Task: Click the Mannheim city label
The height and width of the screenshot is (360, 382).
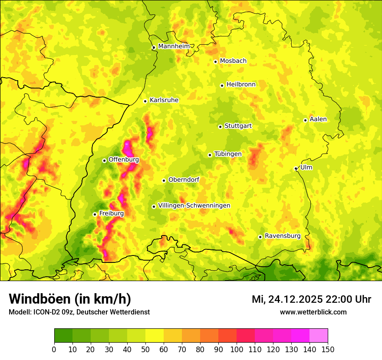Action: pos(174,46)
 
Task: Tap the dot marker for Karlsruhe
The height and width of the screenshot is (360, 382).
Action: pos(145,101)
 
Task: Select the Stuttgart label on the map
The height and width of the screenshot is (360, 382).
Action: pos(238,126)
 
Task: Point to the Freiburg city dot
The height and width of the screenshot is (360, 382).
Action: pos(95,214)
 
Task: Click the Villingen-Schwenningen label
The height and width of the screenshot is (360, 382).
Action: pos(194,206)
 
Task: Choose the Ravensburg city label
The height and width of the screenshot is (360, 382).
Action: pos(283,236)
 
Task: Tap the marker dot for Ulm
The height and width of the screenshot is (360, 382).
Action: pos(296,168)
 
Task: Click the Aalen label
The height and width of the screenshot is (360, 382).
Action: pos(318,119)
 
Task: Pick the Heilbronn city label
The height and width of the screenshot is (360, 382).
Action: pos(241,85)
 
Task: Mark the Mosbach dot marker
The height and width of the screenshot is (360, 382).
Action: pos(215,62)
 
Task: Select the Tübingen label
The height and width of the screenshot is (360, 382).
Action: pos(228,154)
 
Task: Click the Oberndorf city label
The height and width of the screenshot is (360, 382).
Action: pos(184,180)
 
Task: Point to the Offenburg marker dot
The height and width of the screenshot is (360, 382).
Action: pos(104,160)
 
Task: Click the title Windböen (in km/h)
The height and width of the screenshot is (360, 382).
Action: pos(69,299)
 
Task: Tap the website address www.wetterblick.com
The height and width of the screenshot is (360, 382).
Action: pos(313,312)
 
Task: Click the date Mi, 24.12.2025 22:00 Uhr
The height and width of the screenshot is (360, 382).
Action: pos(311,299)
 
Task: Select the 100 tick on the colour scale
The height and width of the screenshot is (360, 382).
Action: pos(237,349)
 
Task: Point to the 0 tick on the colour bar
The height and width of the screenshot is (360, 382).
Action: pos(54,349)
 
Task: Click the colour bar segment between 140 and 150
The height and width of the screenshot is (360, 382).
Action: pos(319,335)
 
